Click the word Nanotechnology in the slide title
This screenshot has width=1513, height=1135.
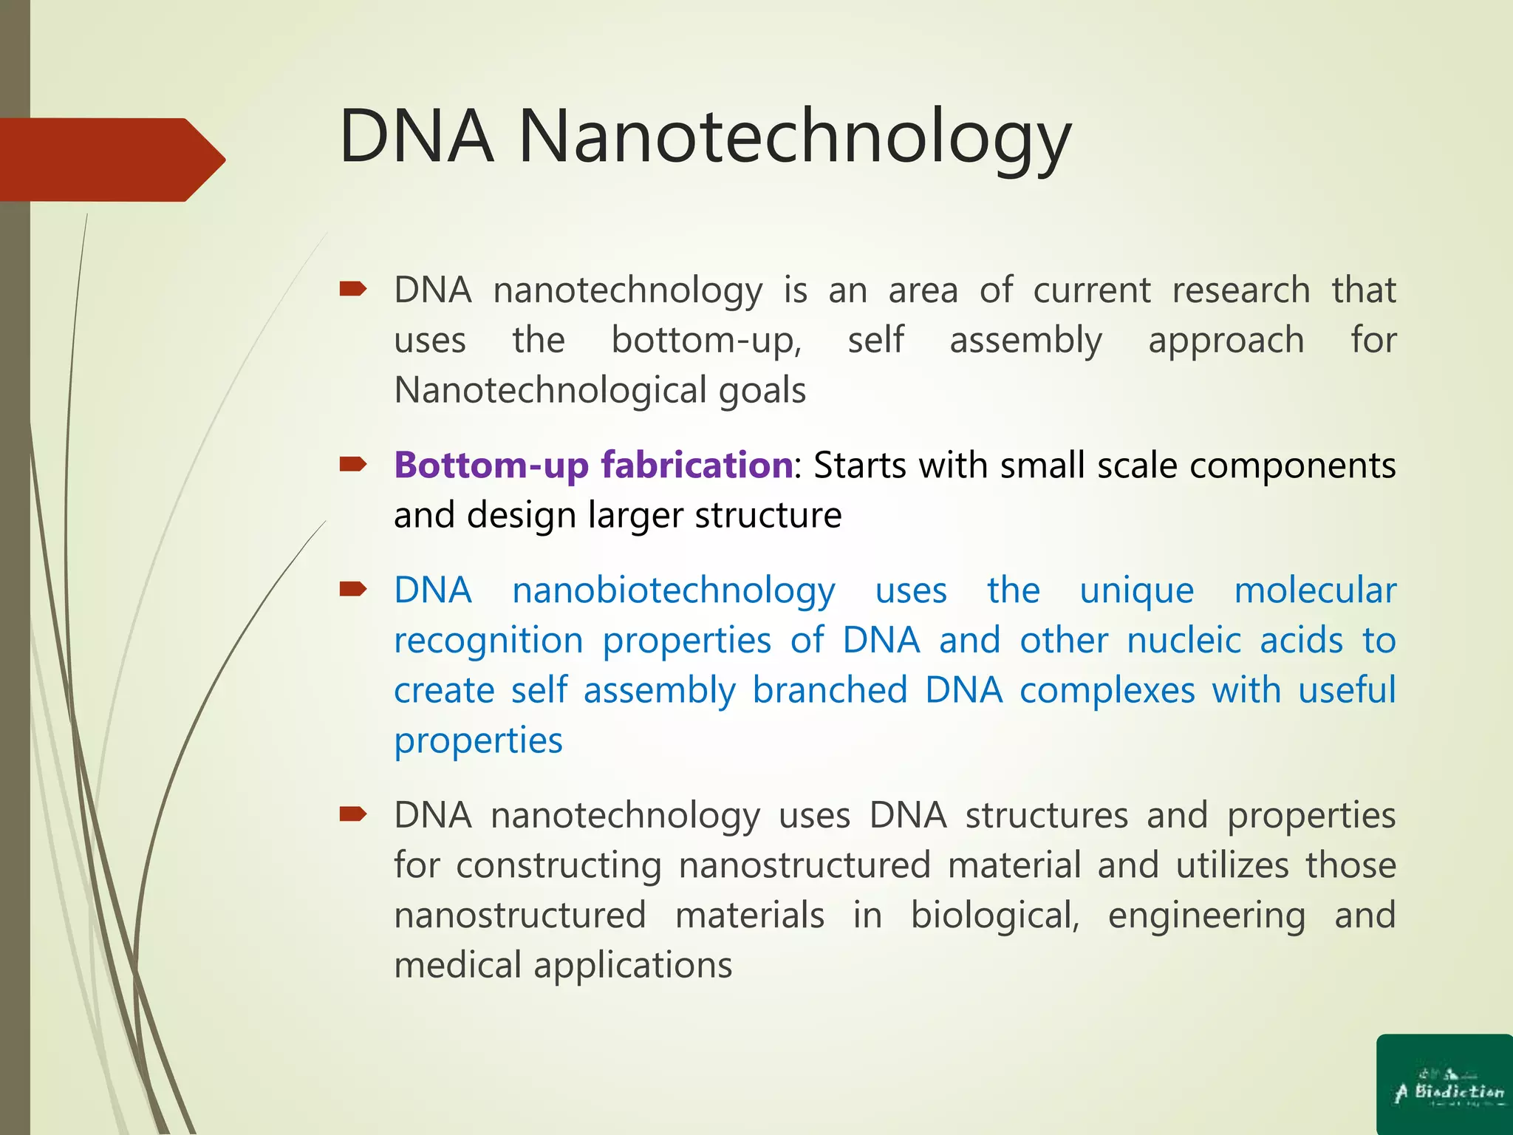pos(794,137)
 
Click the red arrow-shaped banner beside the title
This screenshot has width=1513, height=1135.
pos(111,160)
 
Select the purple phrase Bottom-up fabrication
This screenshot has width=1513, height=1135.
pos(593,466)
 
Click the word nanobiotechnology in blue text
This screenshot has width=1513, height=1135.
pos(674,591)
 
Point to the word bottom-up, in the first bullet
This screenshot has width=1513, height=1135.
pos(706,341)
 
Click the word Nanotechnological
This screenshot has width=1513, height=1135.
pos(547,390)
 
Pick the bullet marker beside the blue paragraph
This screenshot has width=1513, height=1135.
pos(352,589)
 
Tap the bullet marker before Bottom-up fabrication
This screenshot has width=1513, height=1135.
pos(352,464)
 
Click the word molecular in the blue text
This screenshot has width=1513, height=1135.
pos(1315,591)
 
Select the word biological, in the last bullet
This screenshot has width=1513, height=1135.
pos(994,916)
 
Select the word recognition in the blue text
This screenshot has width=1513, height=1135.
pos(488,641)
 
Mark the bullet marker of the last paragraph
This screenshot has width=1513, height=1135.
pos(352,814)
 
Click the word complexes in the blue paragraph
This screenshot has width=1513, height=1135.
pos(1107,691)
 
